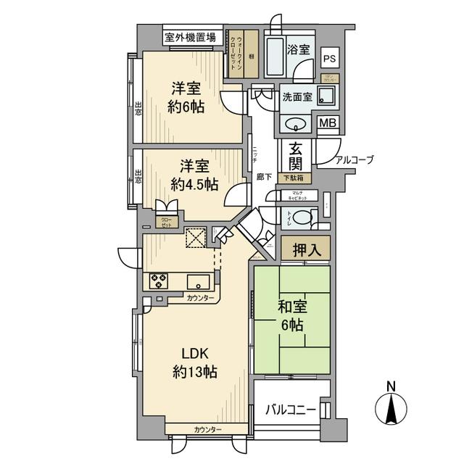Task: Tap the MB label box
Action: (x=328, y=124)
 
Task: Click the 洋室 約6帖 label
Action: (x=187, y=97)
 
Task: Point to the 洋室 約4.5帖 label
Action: (x=192, y=175)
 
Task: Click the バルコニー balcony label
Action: (x=290, y=410)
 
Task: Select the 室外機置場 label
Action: (x=189, y=37)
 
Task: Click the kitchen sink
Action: (x=198, y=281)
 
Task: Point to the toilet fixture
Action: (x=305, y=216)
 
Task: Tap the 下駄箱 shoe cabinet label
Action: (x=294, y=178)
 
